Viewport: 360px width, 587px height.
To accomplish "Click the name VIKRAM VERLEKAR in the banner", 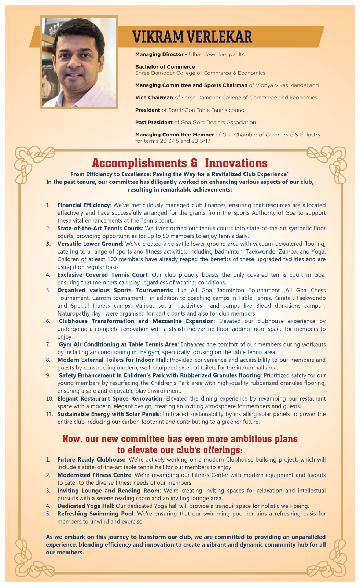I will point(192,37).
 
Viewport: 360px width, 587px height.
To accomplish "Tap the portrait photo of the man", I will point(79,62).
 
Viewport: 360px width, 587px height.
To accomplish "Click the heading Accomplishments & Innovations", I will point(180,163).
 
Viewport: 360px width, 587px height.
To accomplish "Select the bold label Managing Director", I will point(159,54).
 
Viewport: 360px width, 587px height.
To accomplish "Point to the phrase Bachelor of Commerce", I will point(165,67).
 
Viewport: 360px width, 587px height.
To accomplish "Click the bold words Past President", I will point(154,122).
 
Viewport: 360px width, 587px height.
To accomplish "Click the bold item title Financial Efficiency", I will point(84,205).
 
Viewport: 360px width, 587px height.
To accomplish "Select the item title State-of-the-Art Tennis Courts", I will point(99,228).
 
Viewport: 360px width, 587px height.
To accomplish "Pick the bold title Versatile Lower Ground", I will point(89,244).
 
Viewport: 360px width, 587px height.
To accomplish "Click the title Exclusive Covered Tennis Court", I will point(102,275).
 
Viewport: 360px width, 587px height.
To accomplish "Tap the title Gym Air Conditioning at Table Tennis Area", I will point(118,344).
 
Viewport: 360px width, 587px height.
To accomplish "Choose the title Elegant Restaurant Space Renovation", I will point(110,398).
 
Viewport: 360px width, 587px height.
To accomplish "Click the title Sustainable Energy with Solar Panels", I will point(108,414).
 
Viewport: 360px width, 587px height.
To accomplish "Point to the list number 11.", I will point(49,414).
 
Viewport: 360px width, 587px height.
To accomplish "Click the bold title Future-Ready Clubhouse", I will point(91,459).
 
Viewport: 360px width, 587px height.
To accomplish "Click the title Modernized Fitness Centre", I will point(94,475).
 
